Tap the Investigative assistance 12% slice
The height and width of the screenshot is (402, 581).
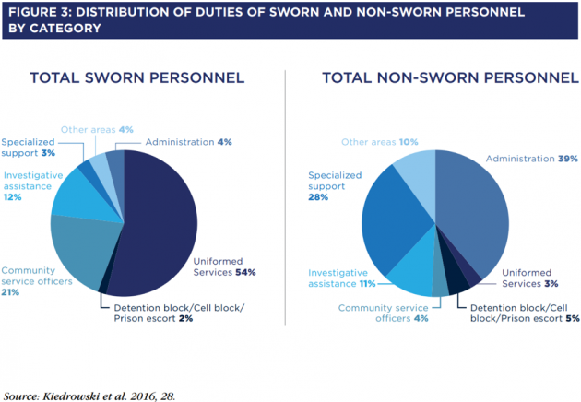click(x=85, y=196)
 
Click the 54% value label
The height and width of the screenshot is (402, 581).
click(x=245, y=272)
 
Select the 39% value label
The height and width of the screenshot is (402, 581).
click(x=568, y=159)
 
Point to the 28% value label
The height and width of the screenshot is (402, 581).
click(x=318, y=197)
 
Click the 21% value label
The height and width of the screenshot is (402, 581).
click(x=10, y=292)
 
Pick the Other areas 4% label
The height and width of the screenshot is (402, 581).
click(x=97, y=130)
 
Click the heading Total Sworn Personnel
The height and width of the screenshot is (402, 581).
click(x=137, y=77)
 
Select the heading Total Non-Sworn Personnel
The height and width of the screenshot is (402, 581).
click(x=450, y=77)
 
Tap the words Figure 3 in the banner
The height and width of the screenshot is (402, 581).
click(x=40, y=12)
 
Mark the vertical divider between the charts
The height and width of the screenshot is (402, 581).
click(x=285, y=198)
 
